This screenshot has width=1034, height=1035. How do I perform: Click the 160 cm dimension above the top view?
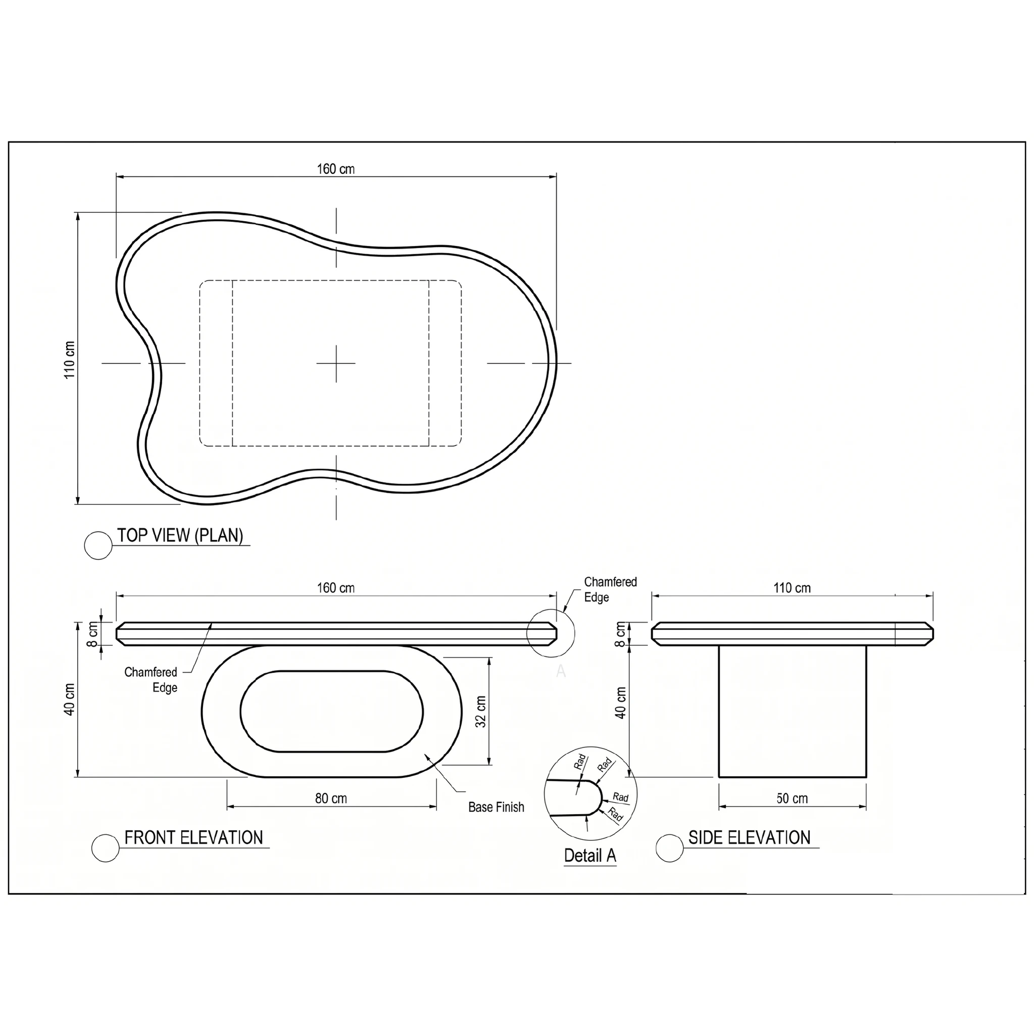tap(336, 169)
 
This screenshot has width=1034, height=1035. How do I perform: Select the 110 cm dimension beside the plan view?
tap(70, 360)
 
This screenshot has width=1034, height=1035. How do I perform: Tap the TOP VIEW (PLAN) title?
tap(180, 535)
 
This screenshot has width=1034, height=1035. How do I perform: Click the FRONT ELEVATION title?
tap(194, 837)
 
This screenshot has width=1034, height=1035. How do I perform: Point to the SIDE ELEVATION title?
tap(750, 837)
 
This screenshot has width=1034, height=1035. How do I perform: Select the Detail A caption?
tap(590, 856)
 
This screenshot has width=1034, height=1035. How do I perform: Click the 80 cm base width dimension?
tap(331, 798)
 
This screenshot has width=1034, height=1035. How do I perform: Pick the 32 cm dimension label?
tap(481, 712)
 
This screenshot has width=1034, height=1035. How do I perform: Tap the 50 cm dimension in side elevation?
tap(792, 798)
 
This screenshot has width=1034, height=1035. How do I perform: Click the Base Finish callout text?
tap(497, 807)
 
